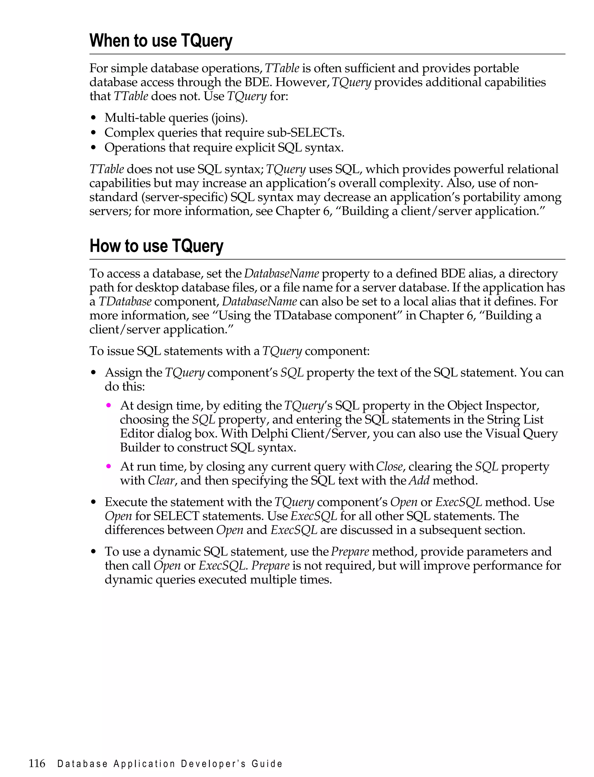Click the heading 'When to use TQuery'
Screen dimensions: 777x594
(161, 41)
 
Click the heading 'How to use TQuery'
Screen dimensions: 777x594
(156, 246)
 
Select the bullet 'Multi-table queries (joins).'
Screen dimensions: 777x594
(176, 118)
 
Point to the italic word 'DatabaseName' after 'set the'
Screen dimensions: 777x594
(281, 273)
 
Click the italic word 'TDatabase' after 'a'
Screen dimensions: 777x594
(125, 302)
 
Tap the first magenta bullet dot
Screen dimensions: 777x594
(109, 405)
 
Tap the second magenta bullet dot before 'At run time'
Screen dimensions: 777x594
(109, 467)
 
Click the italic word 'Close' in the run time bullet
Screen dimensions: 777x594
(389, 467)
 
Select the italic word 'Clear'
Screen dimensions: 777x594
(161, 481)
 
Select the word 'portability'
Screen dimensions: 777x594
(491, 197)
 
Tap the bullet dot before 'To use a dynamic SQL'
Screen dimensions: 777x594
(93, 552)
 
